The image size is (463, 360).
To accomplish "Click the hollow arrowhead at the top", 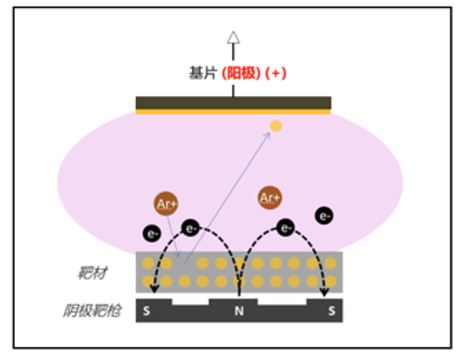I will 233,38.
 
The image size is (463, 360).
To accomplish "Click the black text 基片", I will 201,74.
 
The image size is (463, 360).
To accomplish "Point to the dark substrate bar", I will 233,102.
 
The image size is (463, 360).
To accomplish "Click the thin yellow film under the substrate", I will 233,111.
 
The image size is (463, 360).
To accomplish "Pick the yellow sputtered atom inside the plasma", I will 276,125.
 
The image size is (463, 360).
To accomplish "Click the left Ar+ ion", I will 166,204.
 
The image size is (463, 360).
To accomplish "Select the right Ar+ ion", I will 270,197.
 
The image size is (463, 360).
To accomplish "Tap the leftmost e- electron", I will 152,234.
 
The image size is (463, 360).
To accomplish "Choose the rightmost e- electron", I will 324,216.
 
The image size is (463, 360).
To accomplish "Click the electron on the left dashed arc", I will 190,228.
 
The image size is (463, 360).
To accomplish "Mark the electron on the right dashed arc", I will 285,228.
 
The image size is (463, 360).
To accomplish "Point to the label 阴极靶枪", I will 92,311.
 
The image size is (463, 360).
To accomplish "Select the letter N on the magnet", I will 238,311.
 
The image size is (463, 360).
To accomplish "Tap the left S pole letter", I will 146,311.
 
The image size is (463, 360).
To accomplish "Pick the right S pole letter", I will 331,311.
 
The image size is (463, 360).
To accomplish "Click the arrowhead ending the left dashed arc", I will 154,290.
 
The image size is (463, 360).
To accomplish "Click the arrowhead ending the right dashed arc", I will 324,290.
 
